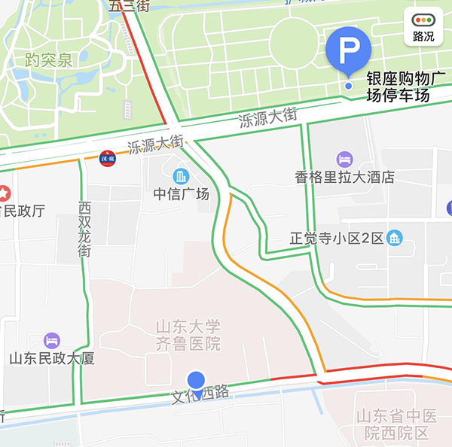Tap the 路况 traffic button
(423, 27)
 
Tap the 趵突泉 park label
(48, 60)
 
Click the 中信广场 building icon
(181, 177)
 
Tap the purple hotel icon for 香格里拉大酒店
(344, 159)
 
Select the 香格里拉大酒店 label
(344, 178)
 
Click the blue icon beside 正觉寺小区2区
(393, 239)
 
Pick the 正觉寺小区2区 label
(337, 239)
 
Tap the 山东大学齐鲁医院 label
(188, 336)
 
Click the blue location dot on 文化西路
(197, 382)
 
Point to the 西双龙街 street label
(84, 229)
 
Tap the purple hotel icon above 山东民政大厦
(52, 340)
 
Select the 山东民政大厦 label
(52, 359)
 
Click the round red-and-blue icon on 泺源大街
(108, 158)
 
